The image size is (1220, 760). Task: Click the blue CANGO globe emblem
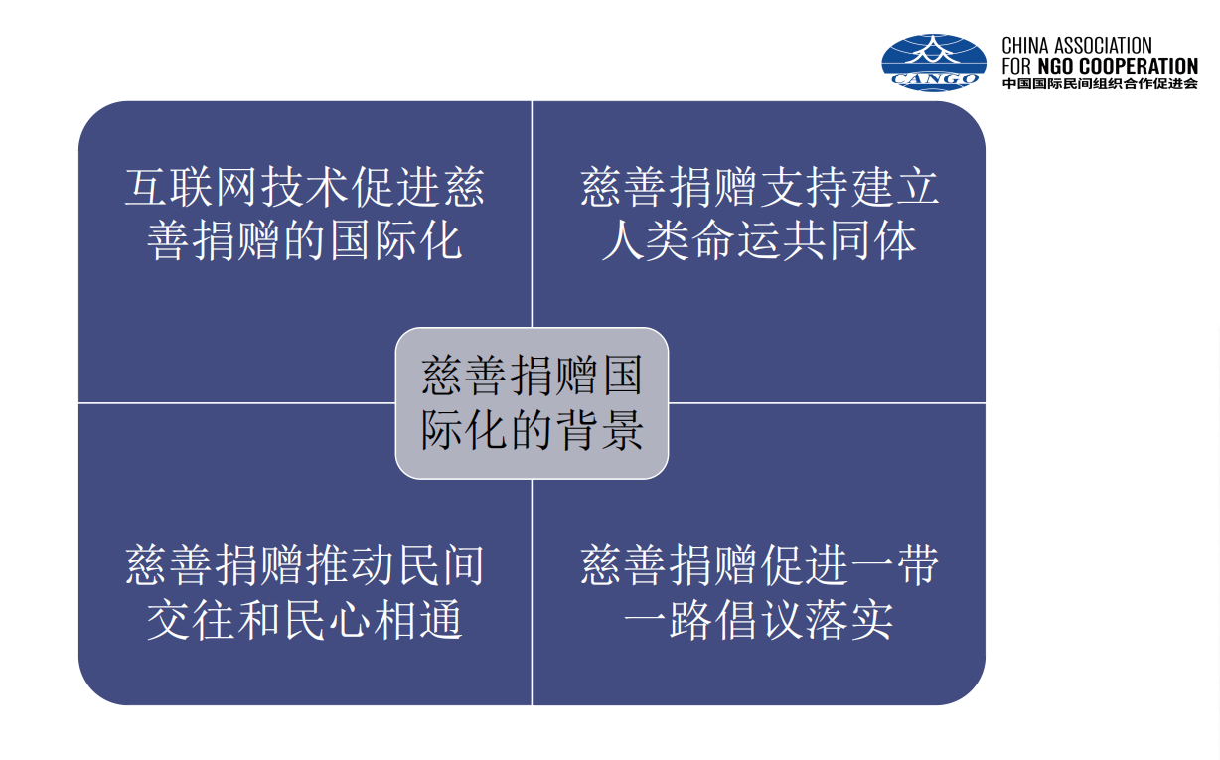click(934, 63)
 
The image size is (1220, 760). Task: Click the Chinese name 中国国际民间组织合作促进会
click(1100, 83)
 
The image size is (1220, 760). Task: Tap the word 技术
click(304, 188)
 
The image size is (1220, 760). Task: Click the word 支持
click(804, 188)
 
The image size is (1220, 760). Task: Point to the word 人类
click(646, 240)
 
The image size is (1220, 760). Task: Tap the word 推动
click(351, 566)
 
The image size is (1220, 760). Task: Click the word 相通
click(417, 620)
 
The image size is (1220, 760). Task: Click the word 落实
click(849, 620)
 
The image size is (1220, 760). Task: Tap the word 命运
click(736, 240)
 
